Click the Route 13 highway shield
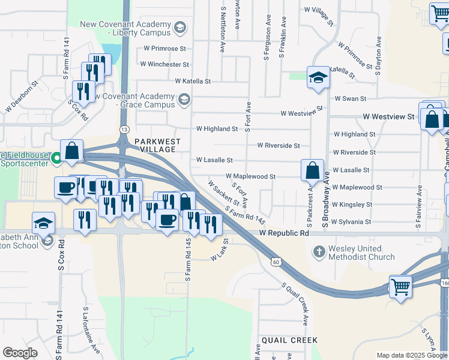point(124,130)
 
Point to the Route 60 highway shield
point(275,262)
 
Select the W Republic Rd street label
point(285,232)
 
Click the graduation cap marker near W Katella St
point(318,78)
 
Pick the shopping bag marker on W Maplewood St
point(312,170)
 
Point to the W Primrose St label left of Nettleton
point(165,48)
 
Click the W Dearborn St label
point(22,97)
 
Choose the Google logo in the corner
point(20,353)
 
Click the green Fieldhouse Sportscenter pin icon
point(55,158)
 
